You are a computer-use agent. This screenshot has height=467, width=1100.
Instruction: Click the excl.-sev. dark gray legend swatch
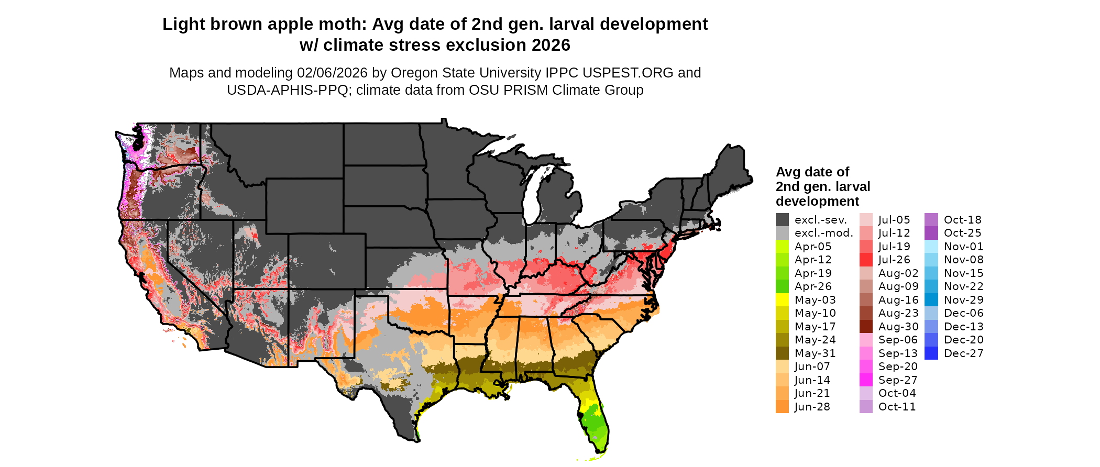[x=782, y=220]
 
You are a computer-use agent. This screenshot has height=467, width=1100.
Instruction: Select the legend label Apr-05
[x=812, y=247]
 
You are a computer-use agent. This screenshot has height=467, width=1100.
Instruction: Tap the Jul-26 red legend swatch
[x=866, y=260]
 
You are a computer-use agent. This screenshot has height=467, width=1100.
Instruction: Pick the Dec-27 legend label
[x=963, y=353]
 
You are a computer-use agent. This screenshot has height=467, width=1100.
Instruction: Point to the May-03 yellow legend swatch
[x=782, y=300]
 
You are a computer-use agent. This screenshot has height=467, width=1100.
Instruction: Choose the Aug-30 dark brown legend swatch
[x=866, y=327]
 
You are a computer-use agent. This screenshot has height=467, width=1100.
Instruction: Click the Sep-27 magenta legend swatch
[x=866, y=380]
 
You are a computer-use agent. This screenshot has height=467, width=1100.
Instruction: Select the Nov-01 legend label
[x=963, y=247]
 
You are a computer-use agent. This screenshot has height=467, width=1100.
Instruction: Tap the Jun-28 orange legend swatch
[x=782, y=407]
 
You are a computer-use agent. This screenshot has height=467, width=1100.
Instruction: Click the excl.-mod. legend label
[x=823, y=233]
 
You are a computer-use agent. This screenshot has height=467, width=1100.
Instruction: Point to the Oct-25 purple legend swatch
[x=931, y=233]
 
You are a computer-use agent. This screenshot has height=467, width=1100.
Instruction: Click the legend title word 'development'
[x=817, y=202]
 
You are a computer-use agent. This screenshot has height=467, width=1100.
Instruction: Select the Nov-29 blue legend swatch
[x=931, y=300]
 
